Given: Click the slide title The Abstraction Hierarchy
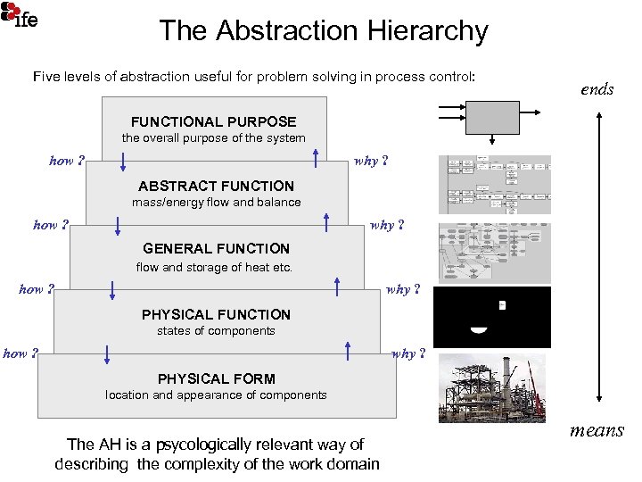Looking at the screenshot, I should pos(324,31).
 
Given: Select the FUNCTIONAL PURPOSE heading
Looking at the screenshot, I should pos(213,121).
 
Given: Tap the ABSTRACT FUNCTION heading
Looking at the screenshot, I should pos(216,186).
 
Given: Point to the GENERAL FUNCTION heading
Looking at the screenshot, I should pos(216,249).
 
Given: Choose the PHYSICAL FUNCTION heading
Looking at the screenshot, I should pos(216,314).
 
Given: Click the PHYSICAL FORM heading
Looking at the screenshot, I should pos(216,378).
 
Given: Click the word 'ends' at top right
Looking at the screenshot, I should pos(597,88).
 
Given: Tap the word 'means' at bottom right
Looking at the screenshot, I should pos(597,430).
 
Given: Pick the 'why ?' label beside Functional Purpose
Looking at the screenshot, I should pos(371,162).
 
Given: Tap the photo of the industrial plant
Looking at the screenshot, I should pos(493,386).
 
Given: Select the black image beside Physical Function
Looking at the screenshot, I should pos(492,317).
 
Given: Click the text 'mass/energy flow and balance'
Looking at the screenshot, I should pos(216,202).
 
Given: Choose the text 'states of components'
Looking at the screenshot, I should pos(216,330).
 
